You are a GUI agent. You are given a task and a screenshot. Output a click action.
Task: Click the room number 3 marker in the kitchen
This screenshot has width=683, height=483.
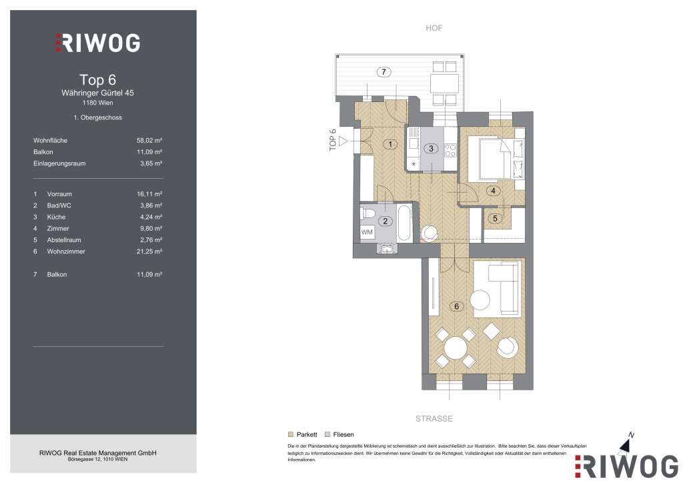click(431, 149)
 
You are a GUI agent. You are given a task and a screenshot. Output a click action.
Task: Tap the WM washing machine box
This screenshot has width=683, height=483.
click(367, 232)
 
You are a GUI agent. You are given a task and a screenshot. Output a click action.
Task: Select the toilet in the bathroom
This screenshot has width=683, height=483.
click(368, 213)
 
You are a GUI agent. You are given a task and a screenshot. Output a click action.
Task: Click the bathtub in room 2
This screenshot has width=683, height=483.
click(405, 224)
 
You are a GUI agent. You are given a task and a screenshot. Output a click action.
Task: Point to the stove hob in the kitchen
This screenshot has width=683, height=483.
click(450, 150)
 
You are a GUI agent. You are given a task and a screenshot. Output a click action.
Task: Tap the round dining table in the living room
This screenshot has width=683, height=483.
click(455, 348)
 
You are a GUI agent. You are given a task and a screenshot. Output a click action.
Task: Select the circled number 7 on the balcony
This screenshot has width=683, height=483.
click(384, 72)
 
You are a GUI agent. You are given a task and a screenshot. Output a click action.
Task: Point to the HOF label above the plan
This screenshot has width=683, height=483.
click(434, 28)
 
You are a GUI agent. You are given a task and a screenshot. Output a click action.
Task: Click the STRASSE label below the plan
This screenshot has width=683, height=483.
click(434, 418)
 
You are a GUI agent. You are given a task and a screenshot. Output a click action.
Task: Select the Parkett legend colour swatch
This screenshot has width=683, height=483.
click(291, 434)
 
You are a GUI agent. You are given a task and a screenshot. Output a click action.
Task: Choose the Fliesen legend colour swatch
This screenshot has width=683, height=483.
click(327, 434)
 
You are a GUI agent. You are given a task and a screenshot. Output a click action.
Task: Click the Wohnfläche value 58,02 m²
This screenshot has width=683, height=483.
click(149, 140)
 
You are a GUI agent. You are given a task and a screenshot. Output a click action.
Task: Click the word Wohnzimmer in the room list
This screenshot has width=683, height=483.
click(66, 252)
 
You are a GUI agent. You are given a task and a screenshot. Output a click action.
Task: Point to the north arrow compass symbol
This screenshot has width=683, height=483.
click(626, 445)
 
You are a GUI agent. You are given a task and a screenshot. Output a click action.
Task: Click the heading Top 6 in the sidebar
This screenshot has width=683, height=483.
click(97, 79)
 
